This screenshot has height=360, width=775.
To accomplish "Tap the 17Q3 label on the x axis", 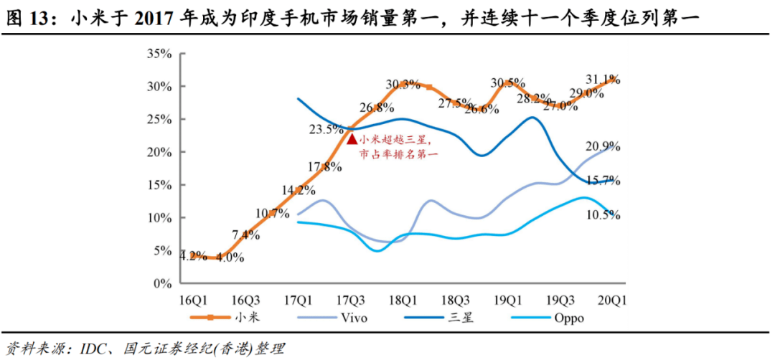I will [x=352, y=300].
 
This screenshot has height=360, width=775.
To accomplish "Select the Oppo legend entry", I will [x=570, y=316].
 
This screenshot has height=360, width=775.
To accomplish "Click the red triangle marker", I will [x=352, y=138].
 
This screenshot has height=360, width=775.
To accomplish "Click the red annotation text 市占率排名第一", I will [x=398, y=153].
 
